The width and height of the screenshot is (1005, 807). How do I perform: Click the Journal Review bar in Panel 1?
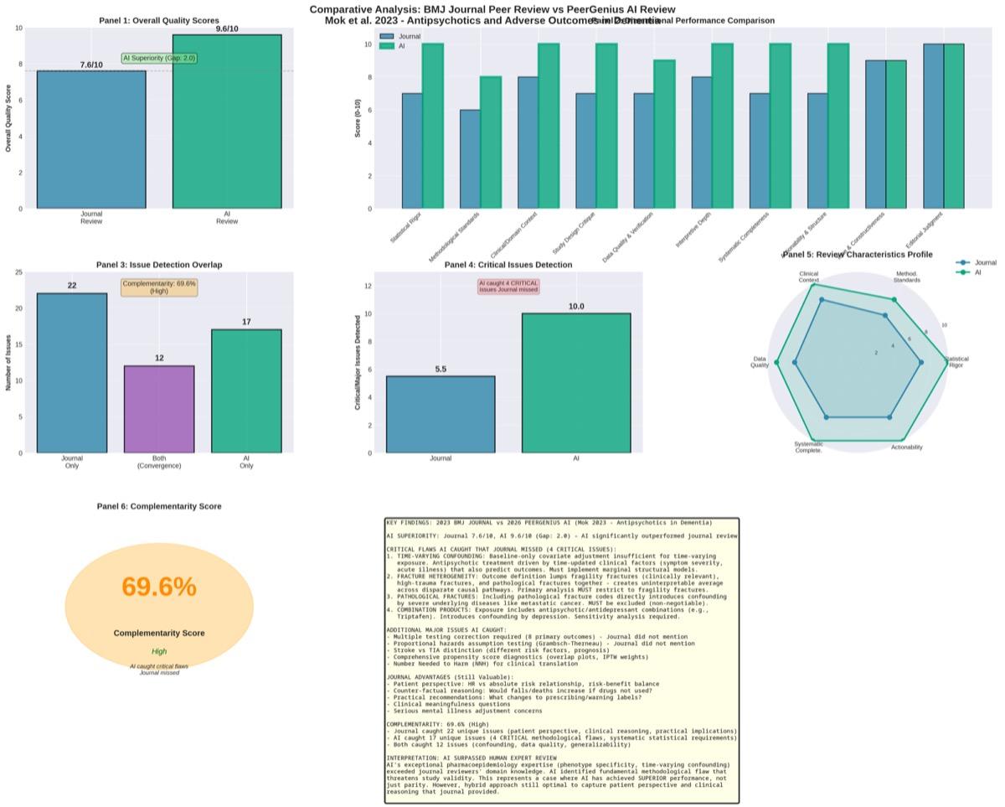pyautogui.click(x=91, y=139)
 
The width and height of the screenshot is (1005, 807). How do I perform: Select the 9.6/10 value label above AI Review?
pyautogui.click(x=226, y=28)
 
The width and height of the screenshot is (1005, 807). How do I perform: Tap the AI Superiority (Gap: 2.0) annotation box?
pyautogui.click(x=159, y=59)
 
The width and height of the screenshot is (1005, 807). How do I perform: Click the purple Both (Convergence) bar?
pyautogui.click(x=159, y=409)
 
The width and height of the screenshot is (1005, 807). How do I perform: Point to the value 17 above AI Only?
pyautogui.click(x=246, y=322)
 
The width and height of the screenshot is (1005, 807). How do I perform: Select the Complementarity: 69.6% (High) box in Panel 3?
pyautogui.click(x=159, y=287)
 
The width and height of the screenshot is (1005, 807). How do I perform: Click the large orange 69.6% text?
pyautogui.click(x=159, y=587)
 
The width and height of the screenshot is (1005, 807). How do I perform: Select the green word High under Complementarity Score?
pyautogui.click(x=159, y=651)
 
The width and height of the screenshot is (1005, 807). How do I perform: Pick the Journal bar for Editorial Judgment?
pyautogui.click(x=933, y=126)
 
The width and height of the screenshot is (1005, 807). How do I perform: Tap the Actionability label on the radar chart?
pyautogui.click(x=906, y=447)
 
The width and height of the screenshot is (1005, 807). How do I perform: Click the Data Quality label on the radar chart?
pyautogui.click(x=759, y=362)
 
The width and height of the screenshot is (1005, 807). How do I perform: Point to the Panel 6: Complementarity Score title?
pyautogui.click(x=159, y=506)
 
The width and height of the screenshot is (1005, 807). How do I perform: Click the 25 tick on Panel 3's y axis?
pyautogui.click(x=18, y=272)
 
